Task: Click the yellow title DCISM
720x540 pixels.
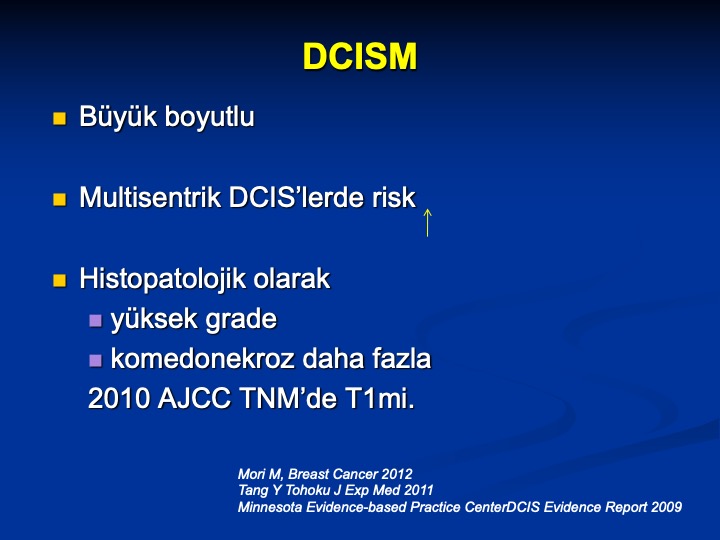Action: coord(360,56)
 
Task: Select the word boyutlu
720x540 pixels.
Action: coord(209,117)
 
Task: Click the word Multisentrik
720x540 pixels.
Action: coord(150,197)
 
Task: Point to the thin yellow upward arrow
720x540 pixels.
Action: coord(428,223)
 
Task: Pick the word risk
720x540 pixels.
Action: coord(394,197)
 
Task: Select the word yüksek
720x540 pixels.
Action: coord(154,319)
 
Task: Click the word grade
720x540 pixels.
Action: coord(241,320)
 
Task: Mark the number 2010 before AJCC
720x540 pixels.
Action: coord(118,398)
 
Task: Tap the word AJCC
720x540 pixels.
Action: coord(194,398)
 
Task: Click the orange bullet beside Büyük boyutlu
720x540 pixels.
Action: coord(59,118)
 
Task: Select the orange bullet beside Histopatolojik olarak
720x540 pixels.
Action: coord(59,281)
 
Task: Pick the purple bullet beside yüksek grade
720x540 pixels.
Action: coord(95,321)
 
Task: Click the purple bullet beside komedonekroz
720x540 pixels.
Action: coord(95,360)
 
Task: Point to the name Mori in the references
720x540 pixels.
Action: coord(251,474)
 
